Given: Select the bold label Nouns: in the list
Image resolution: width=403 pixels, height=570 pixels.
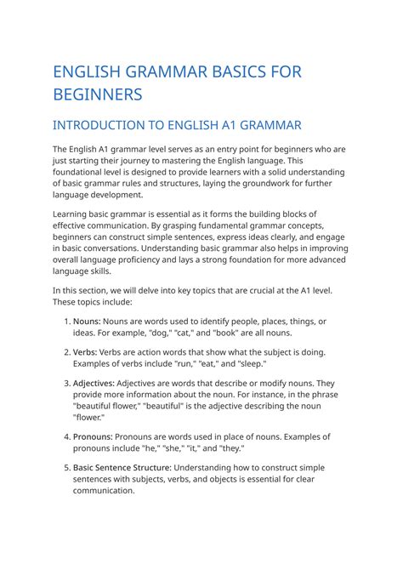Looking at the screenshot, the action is tap(87, 321).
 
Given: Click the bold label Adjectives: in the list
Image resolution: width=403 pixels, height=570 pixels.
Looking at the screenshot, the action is tap(99, 382).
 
